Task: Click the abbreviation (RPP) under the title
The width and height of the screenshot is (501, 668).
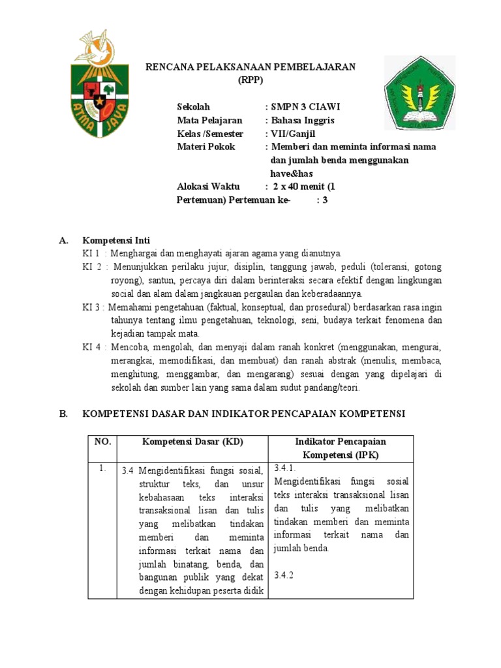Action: tap(250, 80)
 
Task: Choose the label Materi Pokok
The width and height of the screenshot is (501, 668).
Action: tap(206, 147)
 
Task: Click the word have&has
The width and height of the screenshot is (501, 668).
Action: tap(292, 173)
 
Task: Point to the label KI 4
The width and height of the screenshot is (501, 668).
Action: tap(92, 347)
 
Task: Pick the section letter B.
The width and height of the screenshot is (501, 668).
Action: tap(63, 414)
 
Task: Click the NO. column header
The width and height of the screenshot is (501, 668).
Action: tap(102, 442)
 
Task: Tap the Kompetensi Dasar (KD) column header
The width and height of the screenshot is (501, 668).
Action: tap(192, 442)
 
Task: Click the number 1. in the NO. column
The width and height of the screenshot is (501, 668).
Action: tap(102, 468)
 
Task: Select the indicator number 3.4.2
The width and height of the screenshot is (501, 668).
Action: tap(285, 575)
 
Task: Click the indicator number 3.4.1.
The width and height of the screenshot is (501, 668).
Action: tap(286, 468)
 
